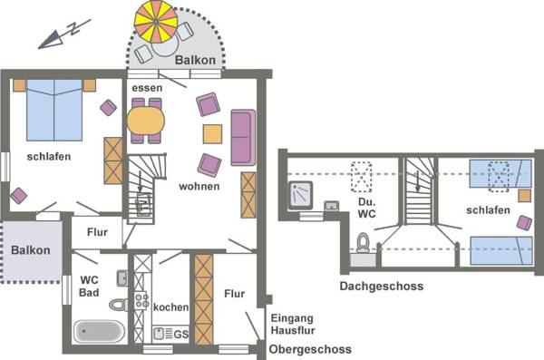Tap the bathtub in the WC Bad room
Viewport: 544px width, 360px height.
(97, 332)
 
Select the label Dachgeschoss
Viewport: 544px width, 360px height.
(382, 287)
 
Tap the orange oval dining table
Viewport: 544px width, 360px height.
(145, 121)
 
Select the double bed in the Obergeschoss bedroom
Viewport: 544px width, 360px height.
(54, 107)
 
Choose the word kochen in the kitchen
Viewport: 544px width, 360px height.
(170, 307)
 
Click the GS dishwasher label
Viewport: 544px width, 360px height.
(180, 334)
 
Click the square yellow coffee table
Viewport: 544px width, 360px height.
(212, 134)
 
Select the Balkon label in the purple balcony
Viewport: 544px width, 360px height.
(31, 250)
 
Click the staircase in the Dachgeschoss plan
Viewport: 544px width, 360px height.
(420, 190)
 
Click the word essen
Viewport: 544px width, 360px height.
(147, 88)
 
